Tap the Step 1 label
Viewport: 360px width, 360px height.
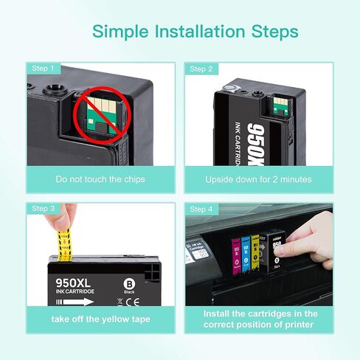click(43, 69)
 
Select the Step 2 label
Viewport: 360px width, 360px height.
click(201, 69)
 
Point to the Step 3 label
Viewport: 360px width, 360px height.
click(43, 209)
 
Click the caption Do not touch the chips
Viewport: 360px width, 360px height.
click(101, 179)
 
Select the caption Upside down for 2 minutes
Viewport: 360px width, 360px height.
click(258, 179)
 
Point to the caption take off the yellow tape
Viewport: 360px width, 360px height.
click(101, 319)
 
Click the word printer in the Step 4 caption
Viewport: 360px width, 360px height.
click(297, 325)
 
